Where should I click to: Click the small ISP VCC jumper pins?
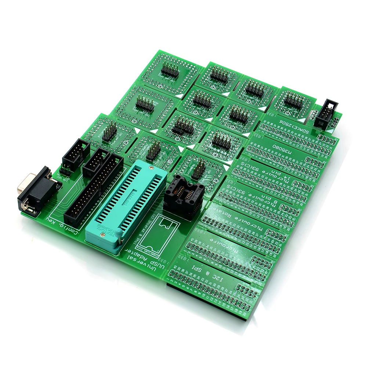click(x=65, y=171)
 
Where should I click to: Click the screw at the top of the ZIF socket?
click(x=151, y=167)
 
